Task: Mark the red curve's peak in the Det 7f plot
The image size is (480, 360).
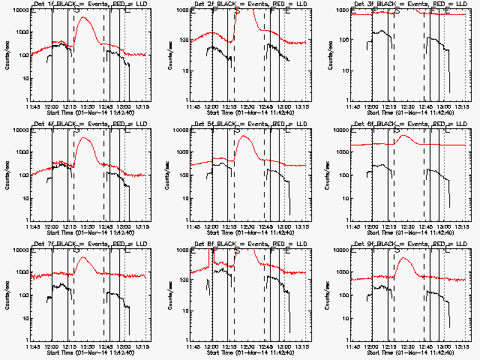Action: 86,258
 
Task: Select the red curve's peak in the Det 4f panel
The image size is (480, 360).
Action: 87,139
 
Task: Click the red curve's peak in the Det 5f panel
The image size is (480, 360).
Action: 245,136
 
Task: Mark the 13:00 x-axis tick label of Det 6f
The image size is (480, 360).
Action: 445,226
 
